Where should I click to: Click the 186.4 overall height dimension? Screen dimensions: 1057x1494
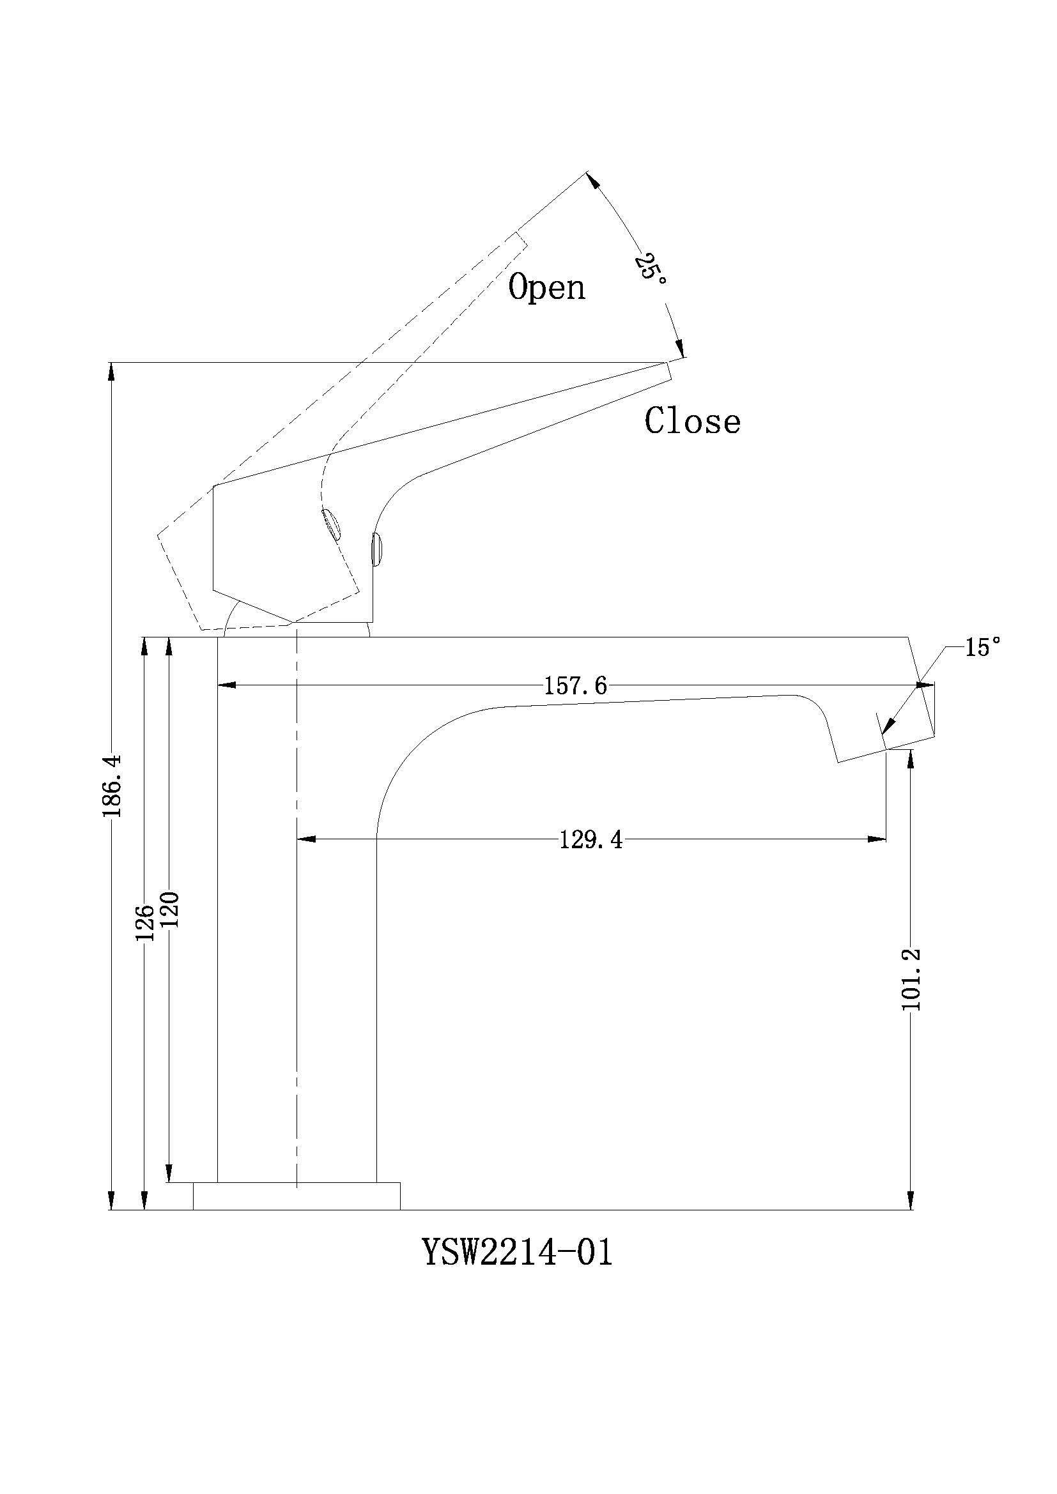(x=111, y=786)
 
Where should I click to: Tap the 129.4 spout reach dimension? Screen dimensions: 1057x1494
(x=591, y=840)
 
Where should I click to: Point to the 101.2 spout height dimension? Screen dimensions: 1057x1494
(x=911, y=979)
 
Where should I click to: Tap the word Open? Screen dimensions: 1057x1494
(x=547, y=286)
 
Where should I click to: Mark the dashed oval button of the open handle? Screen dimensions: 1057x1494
(x=331, y=524)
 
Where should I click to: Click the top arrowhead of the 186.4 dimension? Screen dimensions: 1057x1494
(x=111, y=372)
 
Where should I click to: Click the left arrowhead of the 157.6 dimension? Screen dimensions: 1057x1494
(x=225, y=685)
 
